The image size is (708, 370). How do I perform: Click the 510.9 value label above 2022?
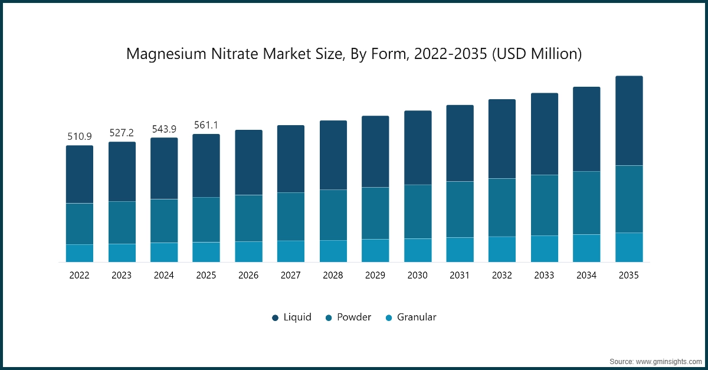click(x=79, y=137)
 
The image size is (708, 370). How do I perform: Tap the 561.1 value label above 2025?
click(x=206, y=125)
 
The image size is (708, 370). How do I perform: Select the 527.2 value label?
click(x=122, y=133)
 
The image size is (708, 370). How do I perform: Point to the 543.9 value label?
click(x=164, y=129)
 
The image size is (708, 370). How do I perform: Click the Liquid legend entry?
click(x=291, y=317)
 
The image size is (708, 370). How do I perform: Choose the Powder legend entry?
click(x=348, y=317)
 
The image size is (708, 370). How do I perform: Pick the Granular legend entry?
click(x=410, y=317)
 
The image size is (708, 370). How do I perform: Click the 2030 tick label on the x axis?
click(x=418, y=275)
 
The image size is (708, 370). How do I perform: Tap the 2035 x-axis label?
click(x=629, y=275)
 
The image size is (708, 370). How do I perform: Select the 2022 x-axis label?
click(x=79, y=275)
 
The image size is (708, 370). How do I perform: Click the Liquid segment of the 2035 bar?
click(x=629, y=121)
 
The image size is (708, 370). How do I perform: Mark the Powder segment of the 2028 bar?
click(x=333, y=215)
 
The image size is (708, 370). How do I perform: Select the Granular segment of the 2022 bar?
click(x=79, y=253)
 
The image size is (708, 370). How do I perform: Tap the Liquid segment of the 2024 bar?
click(x=164, y=169)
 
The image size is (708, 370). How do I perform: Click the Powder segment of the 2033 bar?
click(x=545, y=205)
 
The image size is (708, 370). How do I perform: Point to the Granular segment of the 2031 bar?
click(x=460, y=250)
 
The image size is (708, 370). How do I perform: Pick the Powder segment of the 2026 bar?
click(x=248, y=218)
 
